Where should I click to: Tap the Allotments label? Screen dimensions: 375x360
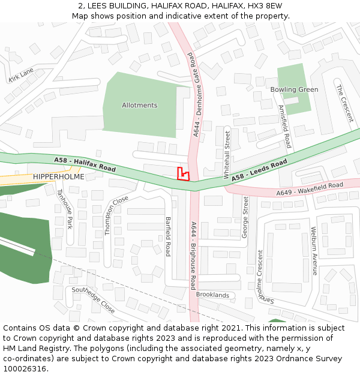[x=139, y=106]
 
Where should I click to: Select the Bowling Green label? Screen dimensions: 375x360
[x=294, y=90]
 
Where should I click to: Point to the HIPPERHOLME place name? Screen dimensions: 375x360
[x=59, y=176]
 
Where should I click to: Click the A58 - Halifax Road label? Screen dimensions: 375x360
[x=85, y=164]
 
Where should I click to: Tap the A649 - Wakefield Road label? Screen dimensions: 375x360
[x=310, y=189]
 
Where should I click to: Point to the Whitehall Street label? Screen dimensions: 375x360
[x=227, y=154]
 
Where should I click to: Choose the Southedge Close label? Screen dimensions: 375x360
[x=93, y=299]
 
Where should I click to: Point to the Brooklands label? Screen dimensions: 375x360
[x=212, y=295]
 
